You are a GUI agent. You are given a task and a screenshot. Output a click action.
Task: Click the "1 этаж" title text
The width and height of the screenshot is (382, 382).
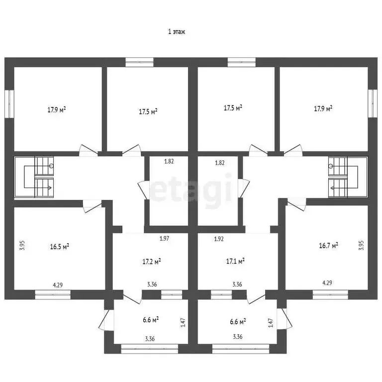(x=177, y=32)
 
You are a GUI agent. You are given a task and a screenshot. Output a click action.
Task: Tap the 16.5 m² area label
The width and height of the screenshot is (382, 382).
(x=59, y=246)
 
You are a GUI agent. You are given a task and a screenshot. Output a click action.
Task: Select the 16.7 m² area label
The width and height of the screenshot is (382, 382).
(x=328, y=245)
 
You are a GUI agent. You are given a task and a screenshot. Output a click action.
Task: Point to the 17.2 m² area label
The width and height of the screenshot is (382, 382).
(x=151, y=261)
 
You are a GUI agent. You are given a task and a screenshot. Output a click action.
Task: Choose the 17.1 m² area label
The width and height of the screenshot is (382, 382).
(x=235, y=261)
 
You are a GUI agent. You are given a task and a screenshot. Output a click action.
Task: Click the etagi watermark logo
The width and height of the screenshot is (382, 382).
(x=191, y=188)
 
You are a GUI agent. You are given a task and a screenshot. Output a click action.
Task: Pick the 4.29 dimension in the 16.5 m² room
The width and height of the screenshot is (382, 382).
(x=58, y=286)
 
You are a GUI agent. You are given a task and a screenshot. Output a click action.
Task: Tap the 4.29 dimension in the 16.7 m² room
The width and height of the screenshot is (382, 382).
(x=327, y=283)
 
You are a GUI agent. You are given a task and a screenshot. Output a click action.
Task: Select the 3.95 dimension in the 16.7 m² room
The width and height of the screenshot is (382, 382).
(x=361, y=246)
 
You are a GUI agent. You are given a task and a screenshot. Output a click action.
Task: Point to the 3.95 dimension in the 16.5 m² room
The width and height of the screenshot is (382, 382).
(x=22, y=246)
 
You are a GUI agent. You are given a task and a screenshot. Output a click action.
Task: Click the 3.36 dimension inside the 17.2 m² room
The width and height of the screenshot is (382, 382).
(x=152, y=285)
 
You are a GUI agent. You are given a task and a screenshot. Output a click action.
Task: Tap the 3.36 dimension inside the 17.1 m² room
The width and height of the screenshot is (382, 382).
(x=237, y=285)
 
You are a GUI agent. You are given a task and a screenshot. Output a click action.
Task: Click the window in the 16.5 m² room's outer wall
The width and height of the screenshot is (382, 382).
(x=49, y=294)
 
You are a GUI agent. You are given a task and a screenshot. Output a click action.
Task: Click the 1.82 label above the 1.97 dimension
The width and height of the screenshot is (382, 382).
(x=170, y=162)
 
